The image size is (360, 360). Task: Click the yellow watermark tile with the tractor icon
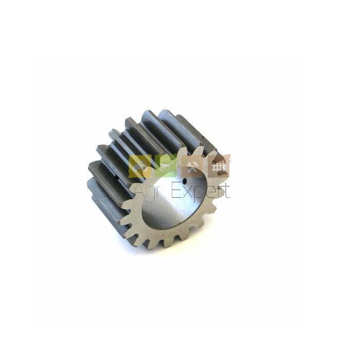point(140,166)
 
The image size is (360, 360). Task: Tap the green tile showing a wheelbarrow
point(166,166)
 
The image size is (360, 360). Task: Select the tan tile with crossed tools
point(192,166)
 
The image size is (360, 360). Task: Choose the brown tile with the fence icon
point(219,166)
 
